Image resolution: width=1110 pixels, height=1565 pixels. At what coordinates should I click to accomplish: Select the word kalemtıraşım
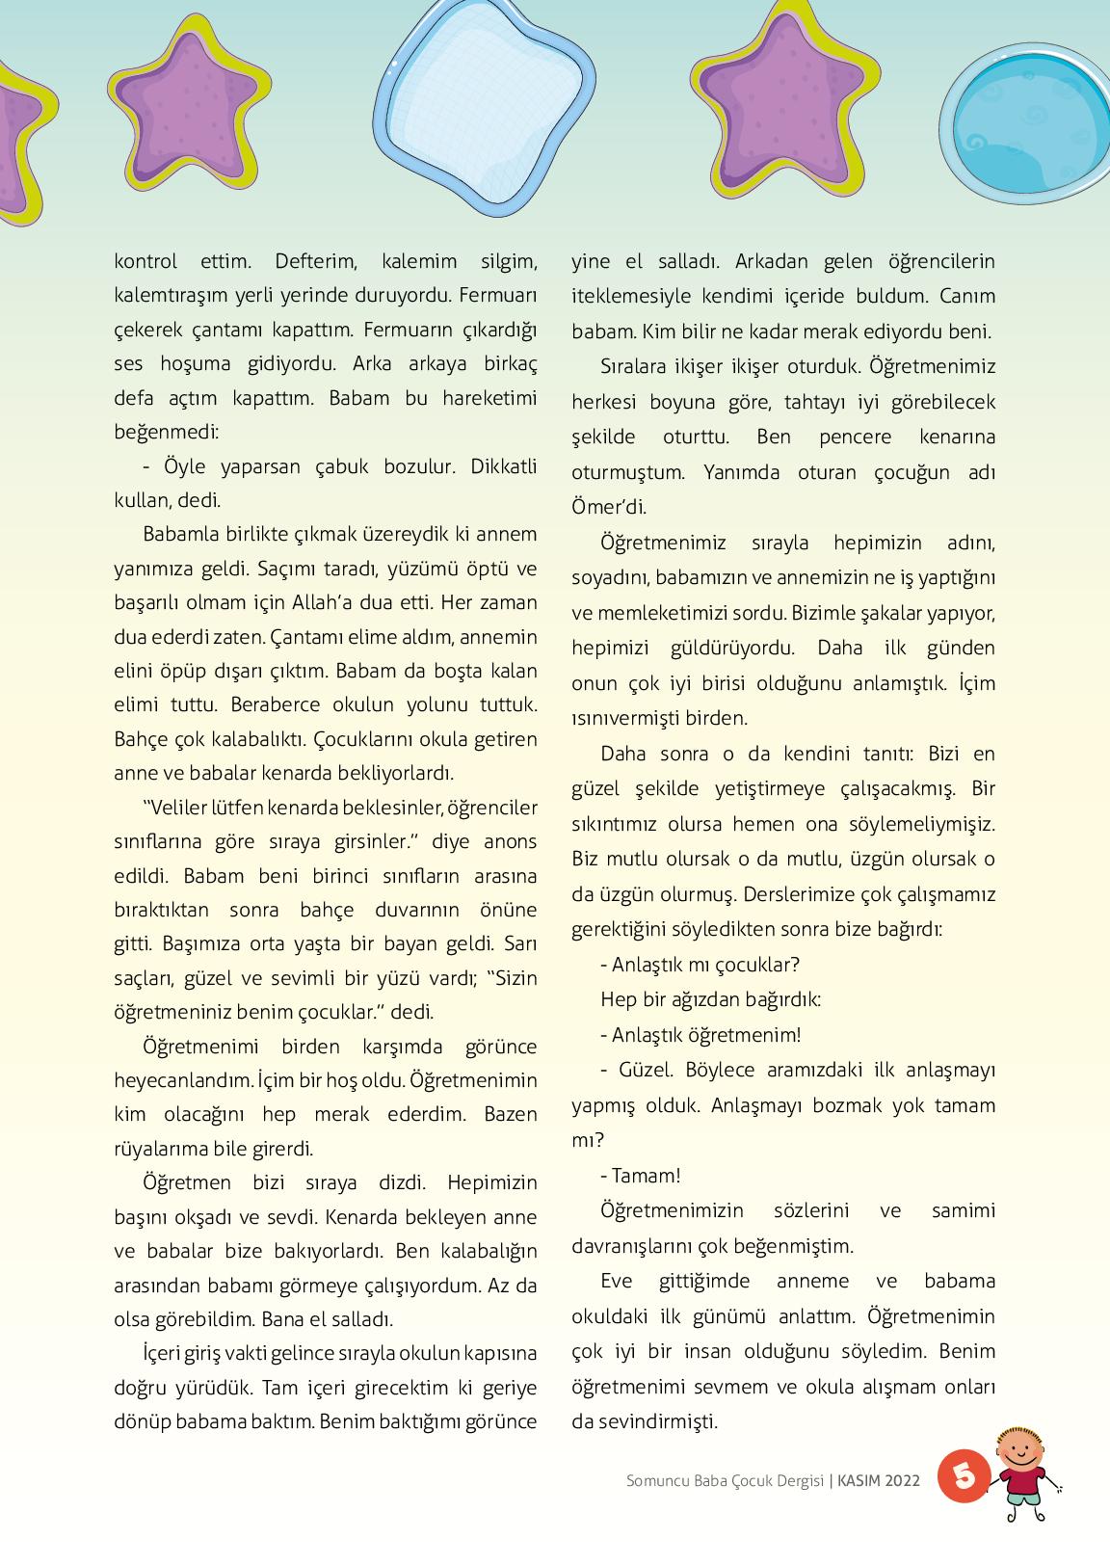point(172,295)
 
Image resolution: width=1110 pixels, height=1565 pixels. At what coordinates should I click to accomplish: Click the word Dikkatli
point(503,466)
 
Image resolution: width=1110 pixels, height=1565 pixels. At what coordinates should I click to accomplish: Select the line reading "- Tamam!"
point(640,1176)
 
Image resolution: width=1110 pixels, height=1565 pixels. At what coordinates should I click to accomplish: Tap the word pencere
point(856,437)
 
